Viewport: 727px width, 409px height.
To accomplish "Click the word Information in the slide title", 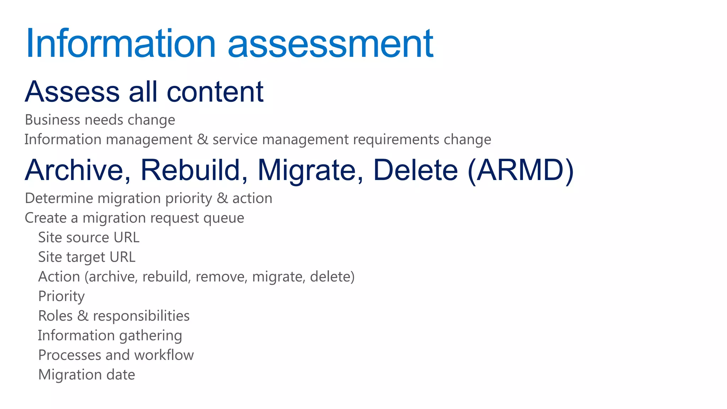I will (121, 44).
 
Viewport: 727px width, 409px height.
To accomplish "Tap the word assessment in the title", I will (330, 44).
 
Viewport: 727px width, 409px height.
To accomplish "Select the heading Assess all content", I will (144, 92).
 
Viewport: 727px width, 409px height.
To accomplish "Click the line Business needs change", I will (100, 120).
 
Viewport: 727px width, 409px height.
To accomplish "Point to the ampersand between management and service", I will (202, 139).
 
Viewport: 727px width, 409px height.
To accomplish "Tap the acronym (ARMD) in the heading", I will (520, 170).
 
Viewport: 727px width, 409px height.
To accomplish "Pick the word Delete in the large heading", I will (415, 170).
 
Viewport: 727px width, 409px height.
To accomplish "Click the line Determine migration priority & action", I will (148, 198).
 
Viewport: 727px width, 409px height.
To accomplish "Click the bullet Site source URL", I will (89, 238).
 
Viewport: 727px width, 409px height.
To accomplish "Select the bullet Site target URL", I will (87, 257).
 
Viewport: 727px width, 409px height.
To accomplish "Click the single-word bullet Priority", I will (61, 296).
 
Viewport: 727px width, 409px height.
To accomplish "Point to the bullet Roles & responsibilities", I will (114, 316).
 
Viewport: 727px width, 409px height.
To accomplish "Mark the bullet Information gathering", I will (110, 336).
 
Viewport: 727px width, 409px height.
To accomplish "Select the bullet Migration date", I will (87, 375).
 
